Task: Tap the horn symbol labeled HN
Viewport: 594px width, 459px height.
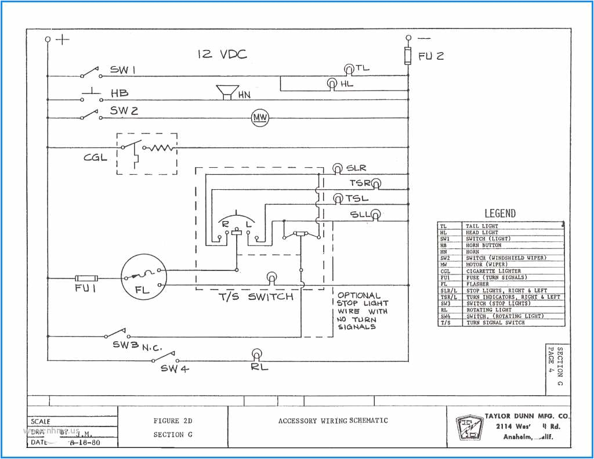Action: click(x=227, y=92)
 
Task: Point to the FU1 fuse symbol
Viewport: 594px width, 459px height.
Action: click(x=86, y=279)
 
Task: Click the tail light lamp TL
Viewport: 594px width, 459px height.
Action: click(x=349, y=69)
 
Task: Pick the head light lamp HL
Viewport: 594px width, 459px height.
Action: click(x=332, y=84)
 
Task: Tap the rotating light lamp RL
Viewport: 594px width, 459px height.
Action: click(x=256, y=354)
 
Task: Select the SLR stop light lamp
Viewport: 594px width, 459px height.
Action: click(x=337, y=168)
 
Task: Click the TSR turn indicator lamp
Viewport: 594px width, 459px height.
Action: click(x=376, y=184)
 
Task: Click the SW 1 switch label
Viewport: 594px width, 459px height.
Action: click(x=123, y=70)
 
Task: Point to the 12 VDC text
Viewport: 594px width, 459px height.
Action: click(x=222, y=55)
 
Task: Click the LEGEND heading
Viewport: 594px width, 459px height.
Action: click(x=499, y=214)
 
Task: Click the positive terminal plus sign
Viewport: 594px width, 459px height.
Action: click(x=63, y=39)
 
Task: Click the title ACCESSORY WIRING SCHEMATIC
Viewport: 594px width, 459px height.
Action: click(x=333, y=421)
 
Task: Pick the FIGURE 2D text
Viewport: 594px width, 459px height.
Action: click(x=173, y=421)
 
